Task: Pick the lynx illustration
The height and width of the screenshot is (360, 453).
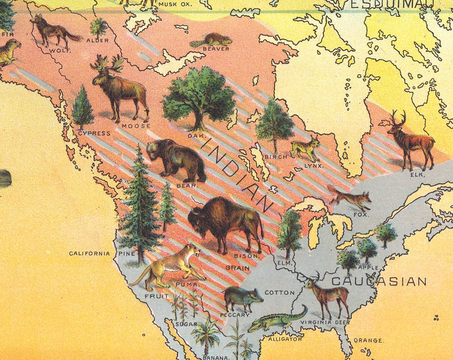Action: (x=305, y=148)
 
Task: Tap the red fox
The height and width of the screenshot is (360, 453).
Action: (x=350, y=199)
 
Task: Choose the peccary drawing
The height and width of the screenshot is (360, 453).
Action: (x=242, y=298)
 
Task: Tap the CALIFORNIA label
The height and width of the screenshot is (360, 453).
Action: (x=89, y=253)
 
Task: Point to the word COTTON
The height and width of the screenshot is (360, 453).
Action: (x=280, y=293)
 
